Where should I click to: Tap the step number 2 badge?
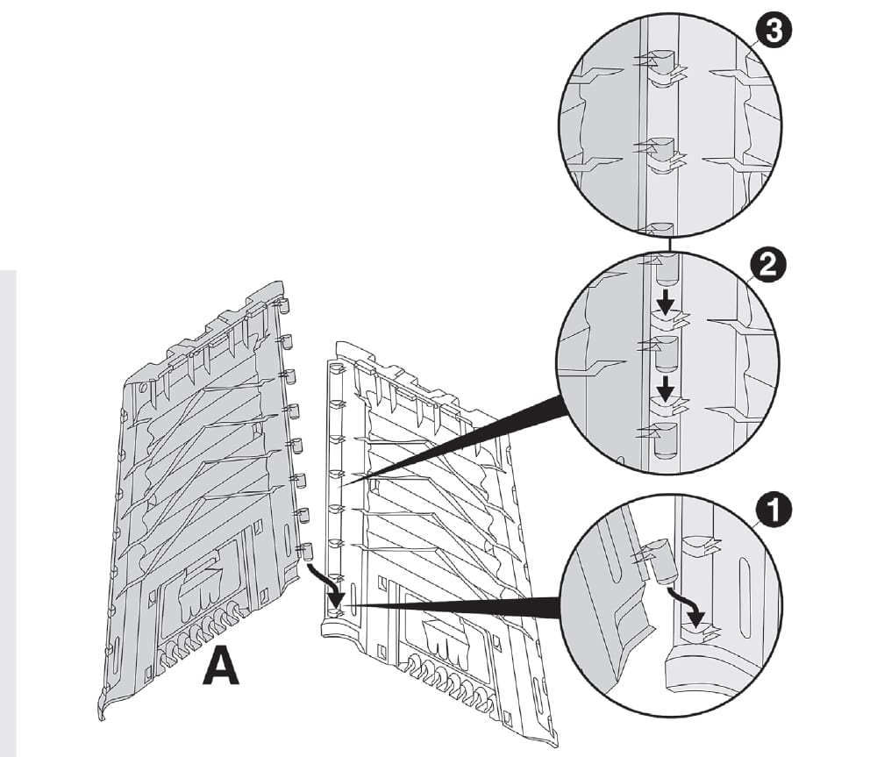tap(767, 265)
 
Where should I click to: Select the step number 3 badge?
tap(774, 30)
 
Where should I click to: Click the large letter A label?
tap(221, 668)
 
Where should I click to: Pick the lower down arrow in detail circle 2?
tap(665, 389)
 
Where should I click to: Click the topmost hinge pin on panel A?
tap(282, 305)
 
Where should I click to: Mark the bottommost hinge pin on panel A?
tap(306, 552)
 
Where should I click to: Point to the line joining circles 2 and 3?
tap(669, 244)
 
